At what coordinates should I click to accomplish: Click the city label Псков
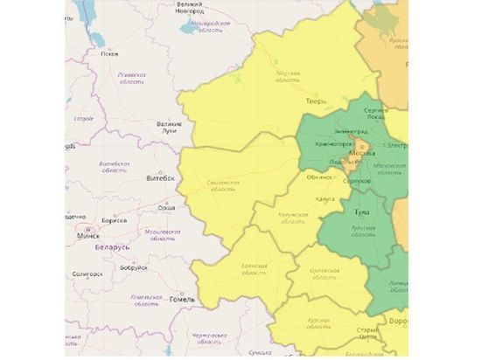click(109, 53)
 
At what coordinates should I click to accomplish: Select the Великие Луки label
click(168, 128)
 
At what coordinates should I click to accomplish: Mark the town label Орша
click(164, 208)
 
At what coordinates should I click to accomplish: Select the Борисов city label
click(114, 220)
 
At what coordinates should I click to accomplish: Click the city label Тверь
click(316, 101)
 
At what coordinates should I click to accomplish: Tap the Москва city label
click(362, 154)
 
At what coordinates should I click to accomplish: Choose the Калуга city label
click(325, 198)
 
